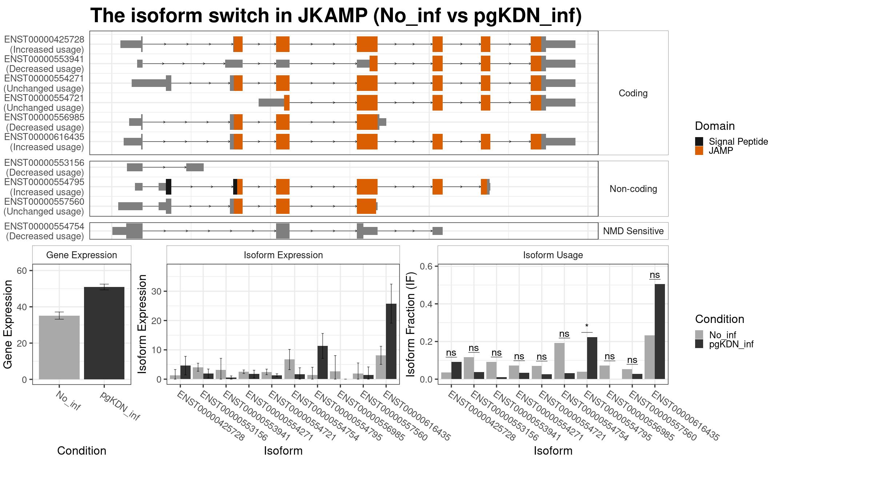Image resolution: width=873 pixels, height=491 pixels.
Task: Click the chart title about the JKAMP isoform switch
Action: (336, 16)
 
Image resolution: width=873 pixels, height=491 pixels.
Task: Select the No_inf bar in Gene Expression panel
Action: (59, 347)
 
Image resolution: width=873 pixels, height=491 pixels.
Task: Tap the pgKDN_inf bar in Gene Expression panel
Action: (104, 333)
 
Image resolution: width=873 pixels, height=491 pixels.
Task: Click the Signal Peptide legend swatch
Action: (699, 141)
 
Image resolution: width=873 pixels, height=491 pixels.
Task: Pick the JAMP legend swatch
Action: (699, 151)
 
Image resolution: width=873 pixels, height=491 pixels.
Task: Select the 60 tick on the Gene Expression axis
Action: (22, 271)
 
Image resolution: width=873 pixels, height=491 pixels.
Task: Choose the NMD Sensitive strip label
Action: (633, 231)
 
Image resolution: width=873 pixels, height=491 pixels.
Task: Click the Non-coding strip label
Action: (633, 189)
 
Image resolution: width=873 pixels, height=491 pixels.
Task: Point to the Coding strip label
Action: (633, 93)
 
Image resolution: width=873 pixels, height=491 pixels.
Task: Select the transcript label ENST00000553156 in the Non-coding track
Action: (44, 163)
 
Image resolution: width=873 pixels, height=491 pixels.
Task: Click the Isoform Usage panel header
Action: (553, 255)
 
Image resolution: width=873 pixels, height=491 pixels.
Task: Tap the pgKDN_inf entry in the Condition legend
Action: (731, 344)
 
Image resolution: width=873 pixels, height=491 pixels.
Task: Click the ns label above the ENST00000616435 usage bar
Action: (655, 275)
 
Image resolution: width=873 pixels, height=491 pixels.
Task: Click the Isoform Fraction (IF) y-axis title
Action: (411, 324)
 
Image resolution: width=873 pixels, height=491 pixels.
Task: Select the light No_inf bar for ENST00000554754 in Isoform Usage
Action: (559, 361)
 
